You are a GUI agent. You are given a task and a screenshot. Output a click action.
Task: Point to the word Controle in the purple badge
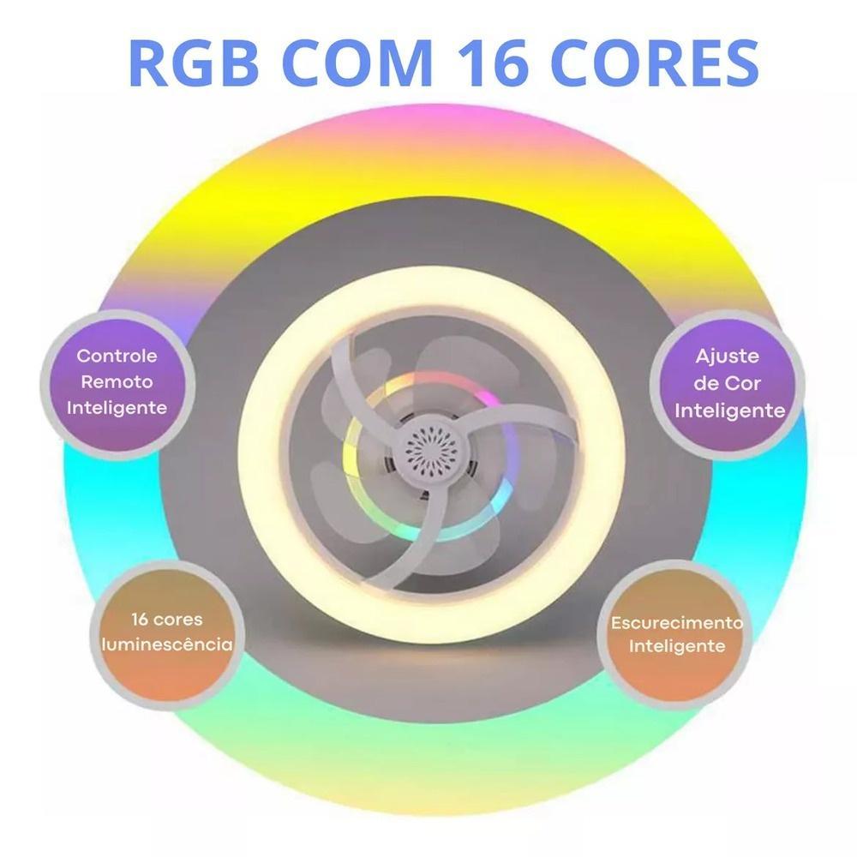pos(117,356)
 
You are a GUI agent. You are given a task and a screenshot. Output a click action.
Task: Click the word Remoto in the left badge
pos(117,381)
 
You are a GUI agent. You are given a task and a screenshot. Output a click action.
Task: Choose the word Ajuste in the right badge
pos(728,356)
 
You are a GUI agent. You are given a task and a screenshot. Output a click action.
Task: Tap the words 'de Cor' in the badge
pos(728,383)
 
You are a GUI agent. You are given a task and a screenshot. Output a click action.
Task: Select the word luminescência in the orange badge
pos(167,644)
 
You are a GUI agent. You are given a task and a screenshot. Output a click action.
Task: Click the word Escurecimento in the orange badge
pos(677,621)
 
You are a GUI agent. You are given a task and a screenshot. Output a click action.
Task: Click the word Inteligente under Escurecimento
pos(677,646)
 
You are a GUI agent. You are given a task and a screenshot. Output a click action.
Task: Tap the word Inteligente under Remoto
pos(117,407)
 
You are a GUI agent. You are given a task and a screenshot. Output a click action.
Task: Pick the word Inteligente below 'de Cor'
pos(730,411)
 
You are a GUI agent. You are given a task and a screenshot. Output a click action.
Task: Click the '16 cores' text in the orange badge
pos(167,619)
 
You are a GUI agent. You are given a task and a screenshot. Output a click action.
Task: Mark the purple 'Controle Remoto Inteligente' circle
pos(117,381)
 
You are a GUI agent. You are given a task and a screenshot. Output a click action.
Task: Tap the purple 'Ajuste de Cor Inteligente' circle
pos(728,383)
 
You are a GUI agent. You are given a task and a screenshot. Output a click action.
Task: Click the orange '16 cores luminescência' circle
pos(167,632)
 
